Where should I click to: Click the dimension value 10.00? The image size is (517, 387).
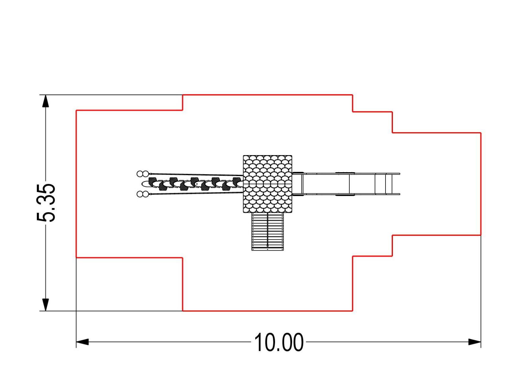(279, 342)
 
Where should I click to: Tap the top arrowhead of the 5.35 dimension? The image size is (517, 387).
(46, 101)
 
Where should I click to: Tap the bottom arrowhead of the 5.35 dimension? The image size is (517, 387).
(46, 305)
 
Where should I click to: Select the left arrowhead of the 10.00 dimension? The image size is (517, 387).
(82, 342)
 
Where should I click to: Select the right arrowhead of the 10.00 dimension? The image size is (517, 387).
(474, 342)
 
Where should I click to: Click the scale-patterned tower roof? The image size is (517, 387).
(267, 184)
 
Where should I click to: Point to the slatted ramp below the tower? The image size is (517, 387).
(268, 232)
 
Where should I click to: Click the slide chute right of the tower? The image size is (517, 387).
(346, 184)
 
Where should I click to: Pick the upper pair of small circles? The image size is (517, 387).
(143, 174)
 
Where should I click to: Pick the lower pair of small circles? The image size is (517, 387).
(143, 194)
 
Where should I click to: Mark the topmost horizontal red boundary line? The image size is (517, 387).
(268, 95)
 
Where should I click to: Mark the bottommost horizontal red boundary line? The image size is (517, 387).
(268, 311)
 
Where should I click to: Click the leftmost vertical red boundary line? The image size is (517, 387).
(76, 184)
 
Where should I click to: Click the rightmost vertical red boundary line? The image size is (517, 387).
(481, 184)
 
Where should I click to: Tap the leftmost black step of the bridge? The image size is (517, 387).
(153, 181)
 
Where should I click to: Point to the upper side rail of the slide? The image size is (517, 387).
(346, 174)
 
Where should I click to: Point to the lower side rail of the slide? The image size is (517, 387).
(346, 194)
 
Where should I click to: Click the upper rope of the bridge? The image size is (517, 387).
(196, 174)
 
